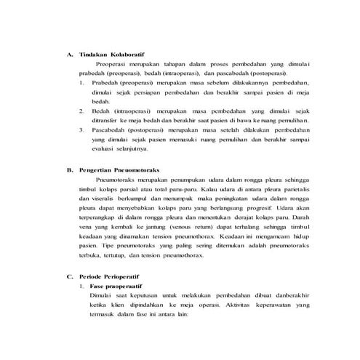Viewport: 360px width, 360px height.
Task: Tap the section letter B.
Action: click(69, 168)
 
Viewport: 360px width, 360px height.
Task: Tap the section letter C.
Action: click(69, 277)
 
